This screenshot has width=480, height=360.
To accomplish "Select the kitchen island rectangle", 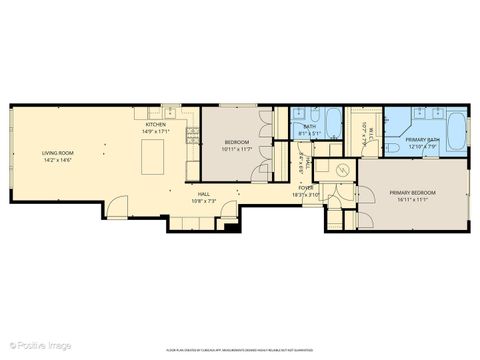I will tap(154, 157).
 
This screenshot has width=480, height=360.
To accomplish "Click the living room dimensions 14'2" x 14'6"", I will tap(58, 159).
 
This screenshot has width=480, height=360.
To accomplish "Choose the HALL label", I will tap(203, 194).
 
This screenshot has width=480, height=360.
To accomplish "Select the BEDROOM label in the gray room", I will tap(236, 142).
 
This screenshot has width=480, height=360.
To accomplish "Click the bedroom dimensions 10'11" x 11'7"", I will tap(236, 149).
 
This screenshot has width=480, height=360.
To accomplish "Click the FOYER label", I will tap(306, 187).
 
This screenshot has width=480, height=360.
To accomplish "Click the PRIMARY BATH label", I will tap(423, 141).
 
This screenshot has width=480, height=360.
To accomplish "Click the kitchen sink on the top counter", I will tap(172, 111).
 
